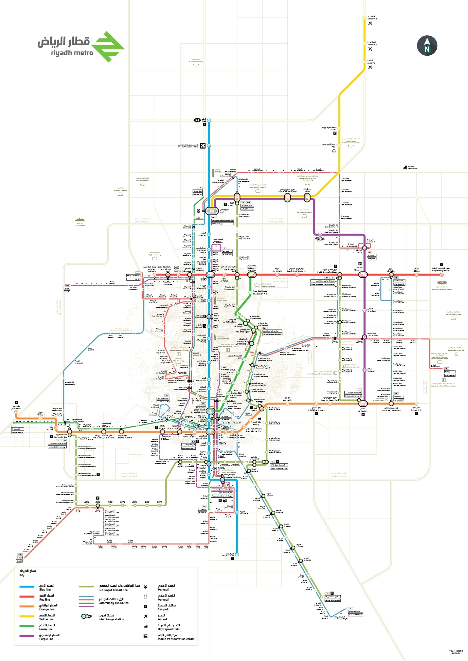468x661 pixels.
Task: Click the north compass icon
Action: [427, 46]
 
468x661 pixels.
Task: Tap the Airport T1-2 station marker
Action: [364, 18]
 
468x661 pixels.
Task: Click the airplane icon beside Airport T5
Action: [370, 67]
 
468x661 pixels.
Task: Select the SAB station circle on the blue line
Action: [209, 121]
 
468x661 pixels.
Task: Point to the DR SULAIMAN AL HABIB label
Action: [188, 146]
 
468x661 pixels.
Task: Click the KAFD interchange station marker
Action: [212, 211]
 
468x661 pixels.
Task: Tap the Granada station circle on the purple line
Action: [320, 235]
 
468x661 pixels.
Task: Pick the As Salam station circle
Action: [364, 370]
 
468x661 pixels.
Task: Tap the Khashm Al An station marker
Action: [416, 404]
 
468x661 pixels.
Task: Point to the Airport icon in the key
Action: [146, 616]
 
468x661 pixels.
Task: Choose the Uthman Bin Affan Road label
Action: [287, 191]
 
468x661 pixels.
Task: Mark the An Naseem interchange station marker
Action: [363, 404]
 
